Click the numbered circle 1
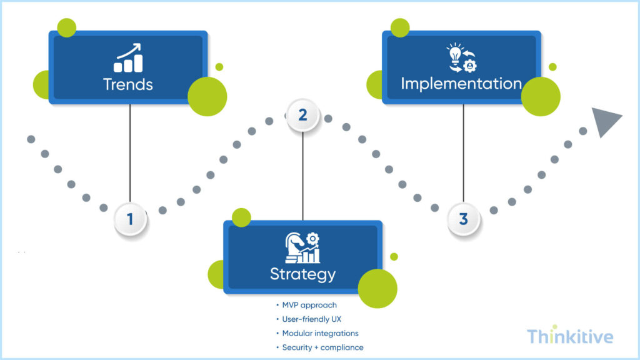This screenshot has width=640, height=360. click(130, 219)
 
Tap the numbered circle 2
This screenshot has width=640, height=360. click(302, 116)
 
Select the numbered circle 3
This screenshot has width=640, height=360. click(463, 219)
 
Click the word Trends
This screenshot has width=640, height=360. click(127, 84)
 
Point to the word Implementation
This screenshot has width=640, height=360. click(461, 84)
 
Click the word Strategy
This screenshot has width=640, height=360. click(302, 274)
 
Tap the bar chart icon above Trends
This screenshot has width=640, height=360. click(128, 58)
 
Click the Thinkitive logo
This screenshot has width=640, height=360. click(569, 337)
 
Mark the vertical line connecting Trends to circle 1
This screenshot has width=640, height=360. click(130, 153)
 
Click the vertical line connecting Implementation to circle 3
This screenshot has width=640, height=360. click(463, 153)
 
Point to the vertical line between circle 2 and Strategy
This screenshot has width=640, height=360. click(302, 175)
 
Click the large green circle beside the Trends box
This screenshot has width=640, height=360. click(207, 97)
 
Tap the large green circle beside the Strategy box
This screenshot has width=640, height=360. click(377, 289)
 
